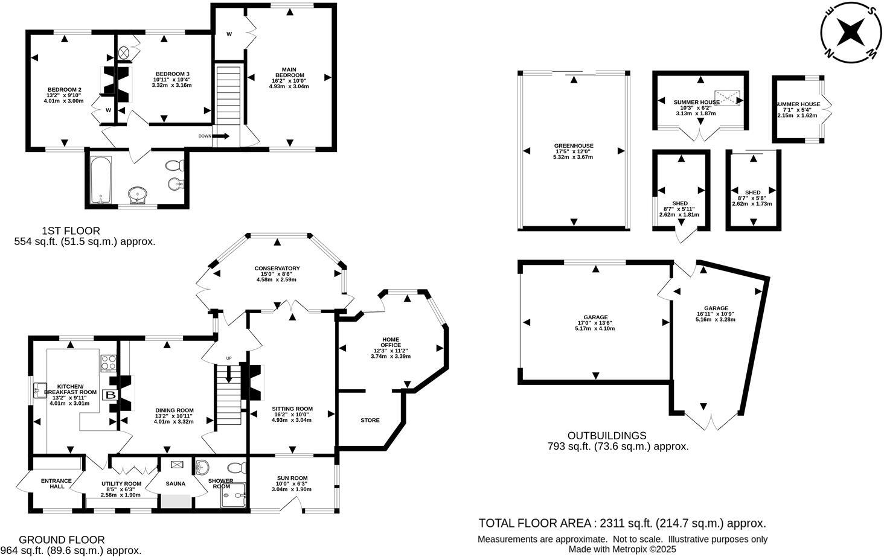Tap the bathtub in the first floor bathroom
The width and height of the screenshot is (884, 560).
coord(100,179)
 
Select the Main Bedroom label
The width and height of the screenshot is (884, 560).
coord(288,72)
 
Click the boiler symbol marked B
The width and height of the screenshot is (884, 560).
coord(111,395)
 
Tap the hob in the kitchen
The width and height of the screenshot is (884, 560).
coord(108,363)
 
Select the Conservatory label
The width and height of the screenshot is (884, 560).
coord(277,269)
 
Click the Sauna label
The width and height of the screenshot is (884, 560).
coord(175,484)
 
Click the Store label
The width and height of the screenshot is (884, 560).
coord(370,420)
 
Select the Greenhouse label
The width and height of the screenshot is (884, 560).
coord(573,146)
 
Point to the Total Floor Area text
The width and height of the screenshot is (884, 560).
coord(622,523)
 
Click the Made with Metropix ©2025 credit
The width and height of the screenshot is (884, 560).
coord(622,549)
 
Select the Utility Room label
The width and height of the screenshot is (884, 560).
coord(121,484)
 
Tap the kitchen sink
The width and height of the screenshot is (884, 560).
coord(40,387)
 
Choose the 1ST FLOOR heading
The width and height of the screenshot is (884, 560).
coord(71,231)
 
